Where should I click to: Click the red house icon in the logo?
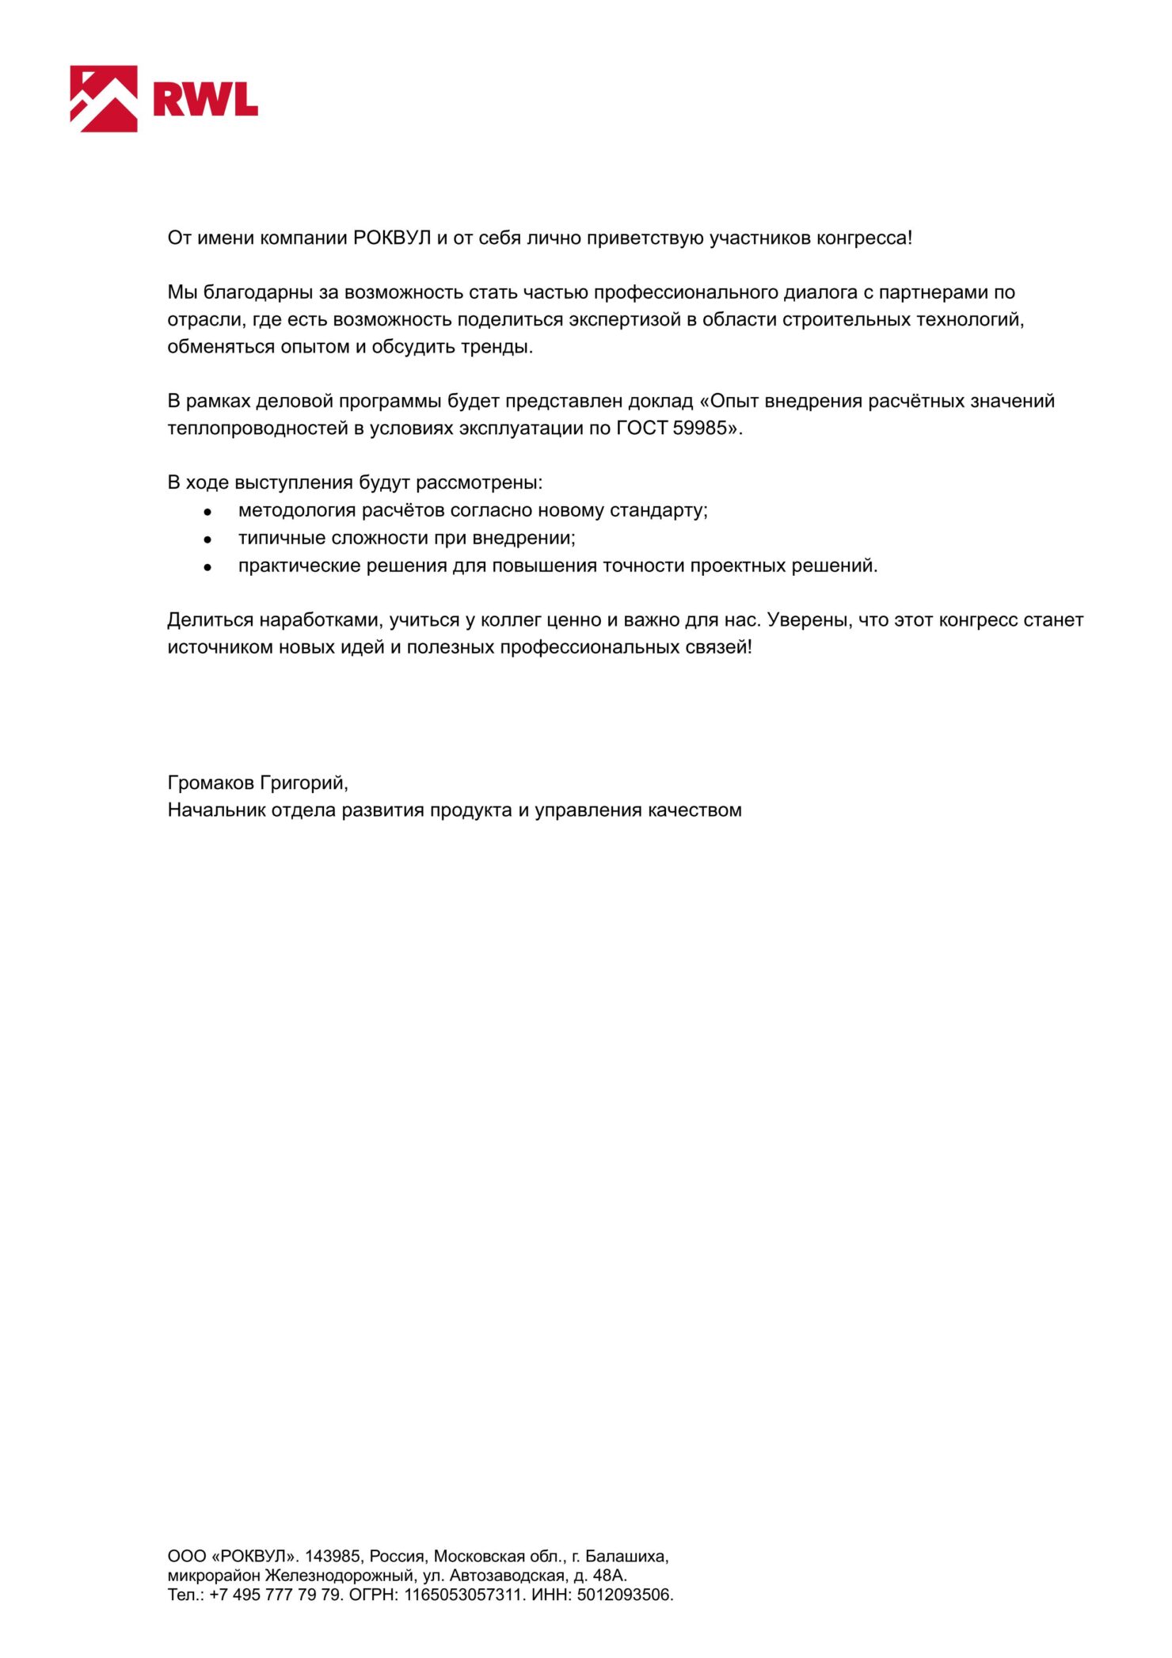[x=104, y=98]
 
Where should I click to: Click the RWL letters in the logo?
[x=206, y=100]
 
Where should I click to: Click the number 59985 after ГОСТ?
[x=699, y=429]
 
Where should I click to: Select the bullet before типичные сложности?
[x=207, y=539]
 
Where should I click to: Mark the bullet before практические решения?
[x=207, y=567]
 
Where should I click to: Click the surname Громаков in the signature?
[x=211, y=783]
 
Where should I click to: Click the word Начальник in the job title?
[x=216, y=810]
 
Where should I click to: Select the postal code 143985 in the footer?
[x=333, y=1556]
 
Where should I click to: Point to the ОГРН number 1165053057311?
[x=465, y=1595]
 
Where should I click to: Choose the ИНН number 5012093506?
[x=625, y=1595]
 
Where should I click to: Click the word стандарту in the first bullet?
[x=660, y=510]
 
